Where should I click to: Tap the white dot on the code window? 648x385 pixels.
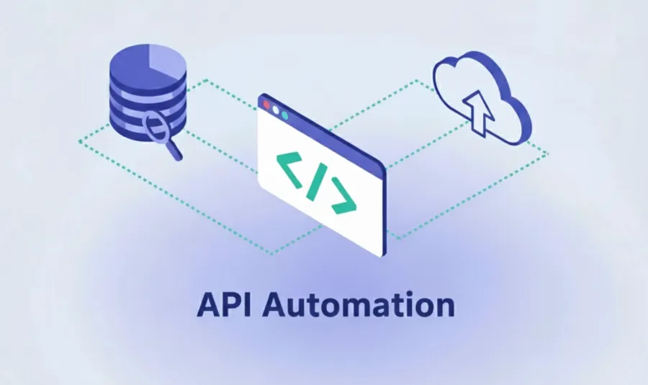pos(276,110)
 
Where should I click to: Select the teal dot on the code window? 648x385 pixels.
pos(284,114)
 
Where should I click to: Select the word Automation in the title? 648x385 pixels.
pos(358,305)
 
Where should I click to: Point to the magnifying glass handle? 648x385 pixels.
pos(174,151)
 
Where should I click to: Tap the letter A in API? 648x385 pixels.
pos(208,305)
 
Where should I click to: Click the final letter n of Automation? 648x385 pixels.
pos(446,308)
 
